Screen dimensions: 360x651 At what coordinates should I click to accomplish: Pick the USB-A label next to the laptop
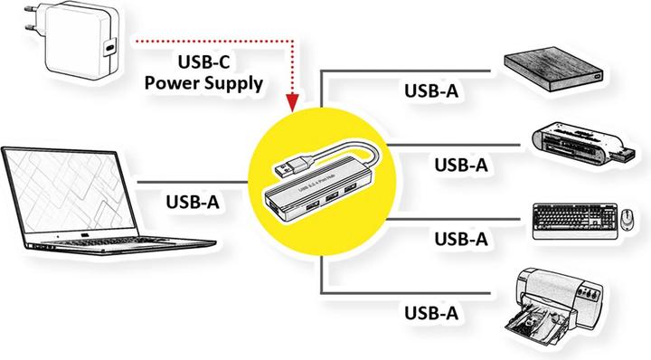coord(193,201)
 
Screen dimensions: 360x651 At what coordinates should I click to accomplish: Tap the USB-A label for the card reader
coord(461,165)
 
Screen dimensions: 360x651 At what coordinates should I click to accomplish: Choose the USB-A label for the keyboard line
coord(461,239)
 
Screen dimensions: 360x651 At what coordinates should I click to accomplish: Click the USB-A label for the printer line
coord(429,312)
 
